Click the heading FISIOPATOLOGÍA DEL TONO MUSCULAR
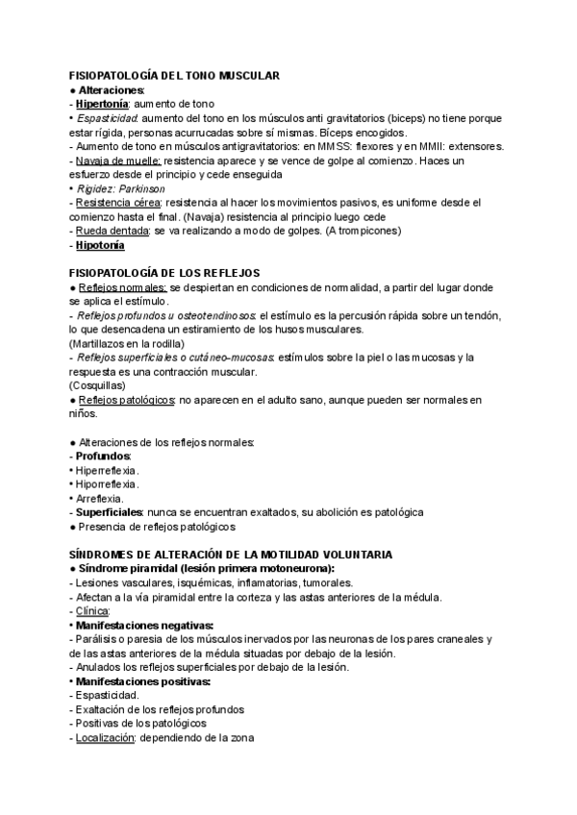(x=174, y=74)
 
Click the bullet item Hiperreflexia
(x=108, y=471)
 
